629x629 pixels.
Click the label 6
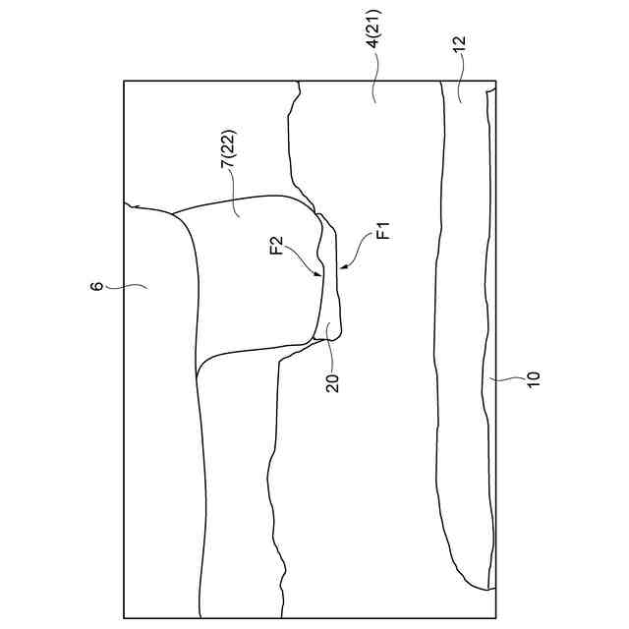point(95,287)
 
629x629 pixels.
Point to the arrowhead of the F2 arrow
point(317,276)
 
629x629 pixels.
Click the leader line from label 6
point(123,286)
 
